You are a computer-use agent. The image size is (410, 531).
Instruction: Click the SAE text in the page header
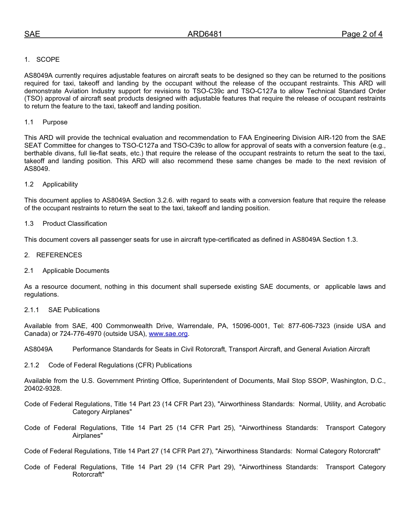[32, 34]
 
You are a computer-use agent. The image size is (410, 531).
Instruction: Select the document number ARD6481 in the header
[205, 34]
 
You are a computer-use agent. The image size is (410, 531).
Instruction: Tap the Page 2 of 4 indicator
[362, 34]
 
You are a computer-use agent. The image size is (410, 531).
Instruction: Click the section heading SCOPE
[47, 60]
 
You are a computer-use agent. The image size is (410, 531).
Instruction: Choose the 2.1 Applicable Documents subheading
[67, 271]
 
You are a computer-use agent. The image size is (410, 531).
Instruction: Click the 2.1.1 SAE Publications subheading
[62, 310]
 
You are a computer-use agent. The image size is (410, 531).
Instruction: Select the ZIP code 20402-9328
[43, 389]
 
